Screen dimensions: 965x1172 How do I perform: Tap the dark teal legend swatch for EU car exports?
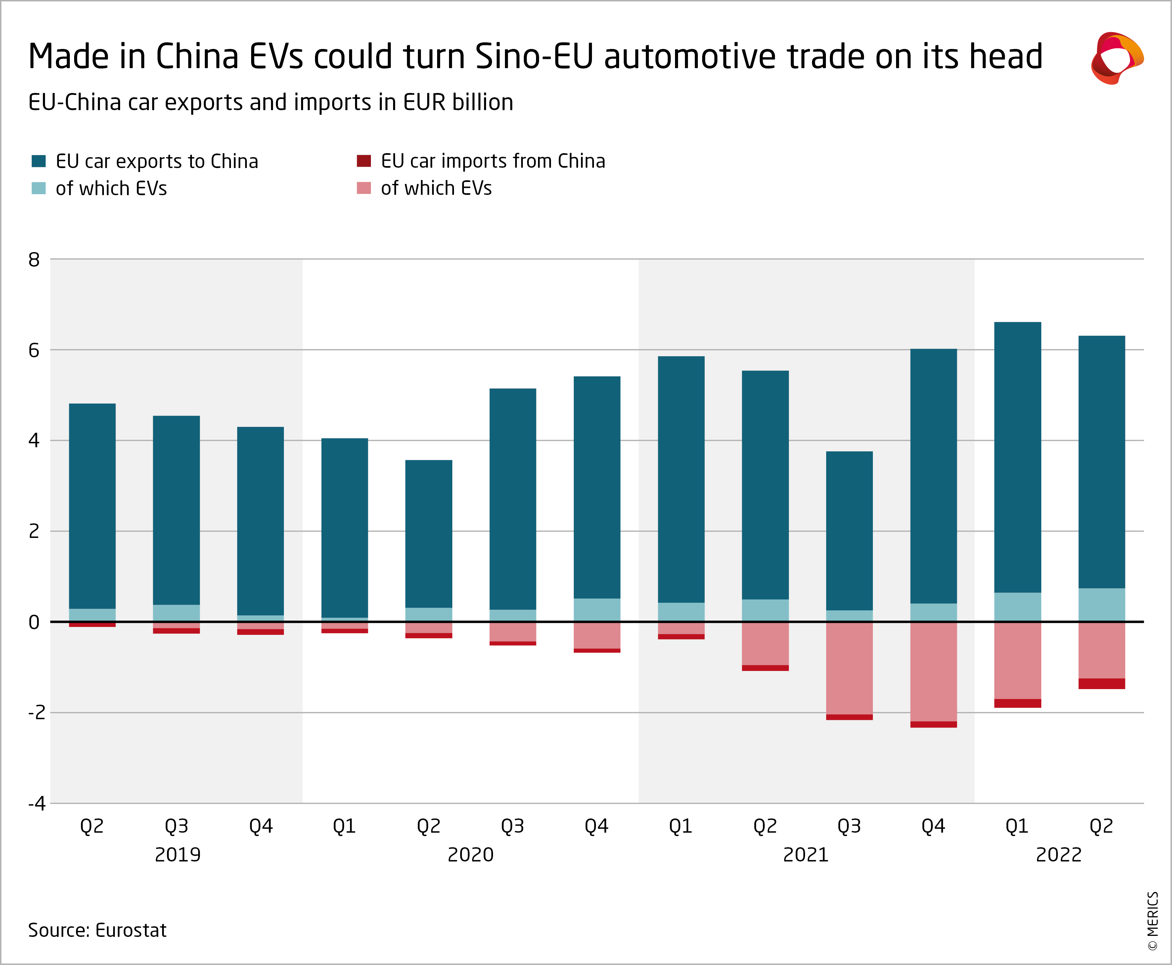coord(38,161)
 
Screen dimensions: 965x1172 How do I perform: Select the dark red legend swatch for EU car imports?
coord(364,161)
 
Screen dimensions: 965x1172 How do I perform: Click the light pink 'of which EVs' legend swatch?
coord(364,188)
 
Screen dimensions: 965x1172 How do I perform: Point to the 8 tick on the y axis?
coord(34,260)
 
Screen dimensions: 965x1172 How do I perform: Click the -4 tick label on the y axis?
coord(37,803)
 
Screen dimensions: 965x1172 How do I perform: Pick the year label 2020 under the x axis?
coord(471,855)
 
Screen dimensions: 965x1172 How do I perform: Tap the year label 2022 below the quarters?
coord(1059,855)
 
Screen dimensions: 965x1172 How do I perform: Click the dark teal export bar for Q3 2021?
coord(849,531)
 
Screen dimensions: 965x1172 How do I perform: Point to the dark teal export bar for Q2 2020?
coord(428,534)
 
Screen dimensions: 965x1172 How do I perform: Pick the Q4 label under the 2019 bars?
coord(261,826)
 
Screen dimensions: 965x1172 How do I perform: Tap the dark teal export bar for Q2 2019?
coord(92,506)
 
